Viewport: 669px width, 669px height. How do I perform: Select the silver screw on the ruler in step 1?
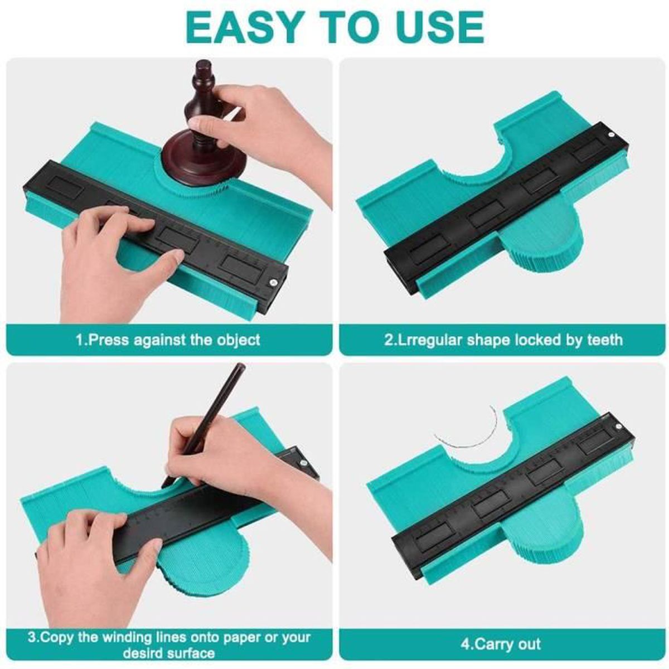(x=273, y=282)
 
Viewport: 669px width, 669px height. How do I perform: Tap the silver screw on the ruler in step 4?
(x=618, y=428)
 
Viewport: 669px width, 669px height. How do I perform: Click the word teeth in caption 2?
(x=605, y=340)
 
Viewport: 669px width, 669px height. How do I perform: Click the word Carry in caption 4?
(x=495, y=644)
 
